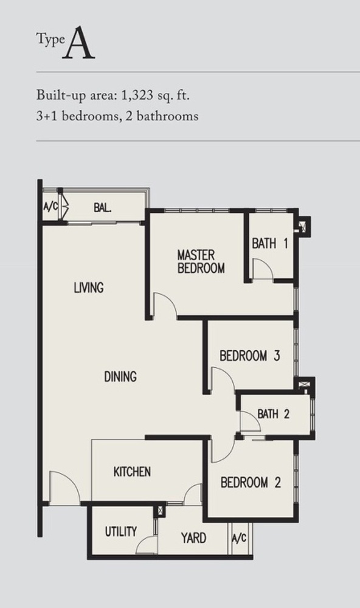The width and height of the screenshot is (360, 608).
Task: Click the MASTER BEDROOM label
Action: (x=200, y=261)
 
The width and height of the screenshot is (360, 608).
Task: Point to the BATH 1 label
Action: (x=270, y=244)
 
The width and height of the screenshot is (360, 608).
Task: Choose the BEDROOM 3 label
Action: (x=249, y=356)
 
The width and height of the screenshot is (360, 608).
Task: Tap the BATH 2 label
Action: (x=274, y=414)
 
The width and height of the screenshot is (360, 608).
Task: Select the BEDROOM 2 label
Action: (x=250, y=483)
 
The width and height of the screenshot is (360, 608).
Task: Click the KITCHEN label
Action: (x=132, y=471)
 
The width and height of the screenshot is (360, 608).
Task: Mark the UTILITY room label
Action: (x=120, y=532)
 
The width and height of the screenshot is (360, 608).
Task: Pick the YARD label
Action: (x=193, y=538)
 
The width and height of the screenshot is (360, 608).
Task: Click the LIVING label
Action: (x=89, y=287)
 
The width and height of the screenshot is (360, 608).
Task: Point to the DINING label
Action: (x=120, y=377)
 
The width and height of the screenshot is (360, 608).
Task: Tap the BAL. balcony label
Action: (x=102, y=207)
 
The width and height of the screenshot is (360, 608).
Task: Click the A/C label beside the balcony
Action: (x=50, y=207)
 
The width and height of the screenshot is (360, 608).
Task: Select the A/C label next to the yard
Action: (x=239, y=538)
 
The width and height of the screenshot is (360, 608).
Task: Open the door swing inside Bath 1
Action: (x=262, y=269)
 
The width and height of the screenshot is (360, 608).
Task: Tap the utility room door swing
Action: (x=147, y=545)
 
